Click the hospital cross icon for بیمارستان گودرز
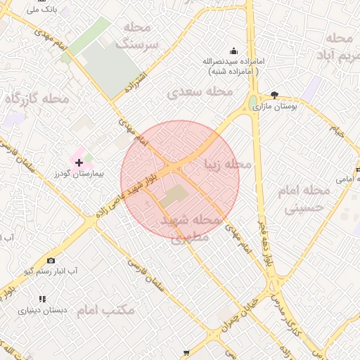point(79,162)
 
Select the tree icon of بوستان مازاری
point(274,96)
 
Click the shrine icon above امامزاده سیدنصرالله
point(234,51)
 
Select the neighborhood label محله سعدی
point(200,91)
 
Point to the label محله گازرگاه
point(37,99)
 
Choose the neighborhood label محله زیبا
point(226,164)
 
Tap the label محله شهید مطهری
point(191,228)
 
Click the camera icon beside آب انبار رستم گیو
point(51,260)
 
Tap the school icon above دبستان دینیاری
point(42,299)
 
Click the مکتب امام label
point(105,310)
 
